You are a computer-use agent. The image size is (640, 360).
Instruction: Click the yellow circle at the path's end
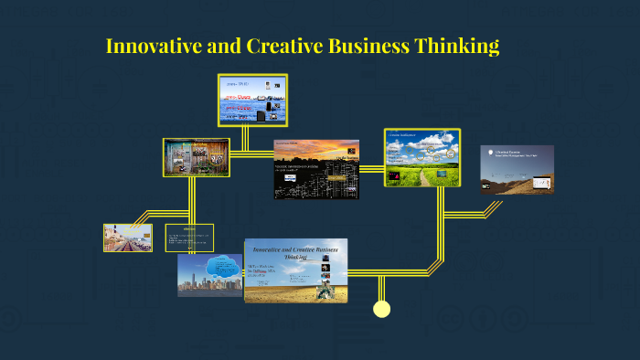point(382,309)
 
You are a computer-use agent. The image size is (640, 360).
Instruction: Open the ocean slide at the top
point(252,100)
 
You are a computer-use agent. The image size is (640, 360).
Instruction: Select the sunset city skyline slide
point(316,169)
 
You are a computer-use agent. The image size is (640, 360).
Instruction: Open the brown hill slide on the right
point(517,170)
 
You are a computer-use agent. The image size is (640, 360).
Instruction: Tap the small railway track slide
point(127,238)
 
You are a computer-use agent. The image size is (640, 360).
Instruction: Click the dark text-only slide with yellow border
point(189,237)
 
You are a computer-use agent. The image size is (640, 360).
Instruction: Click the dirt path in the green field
point(424,177)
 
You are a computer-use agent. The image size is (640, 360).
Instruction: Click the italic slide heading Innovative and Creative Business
point(296,253)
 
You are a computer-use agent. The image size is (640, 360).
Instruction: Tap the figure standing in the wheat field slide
point(325,291)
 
